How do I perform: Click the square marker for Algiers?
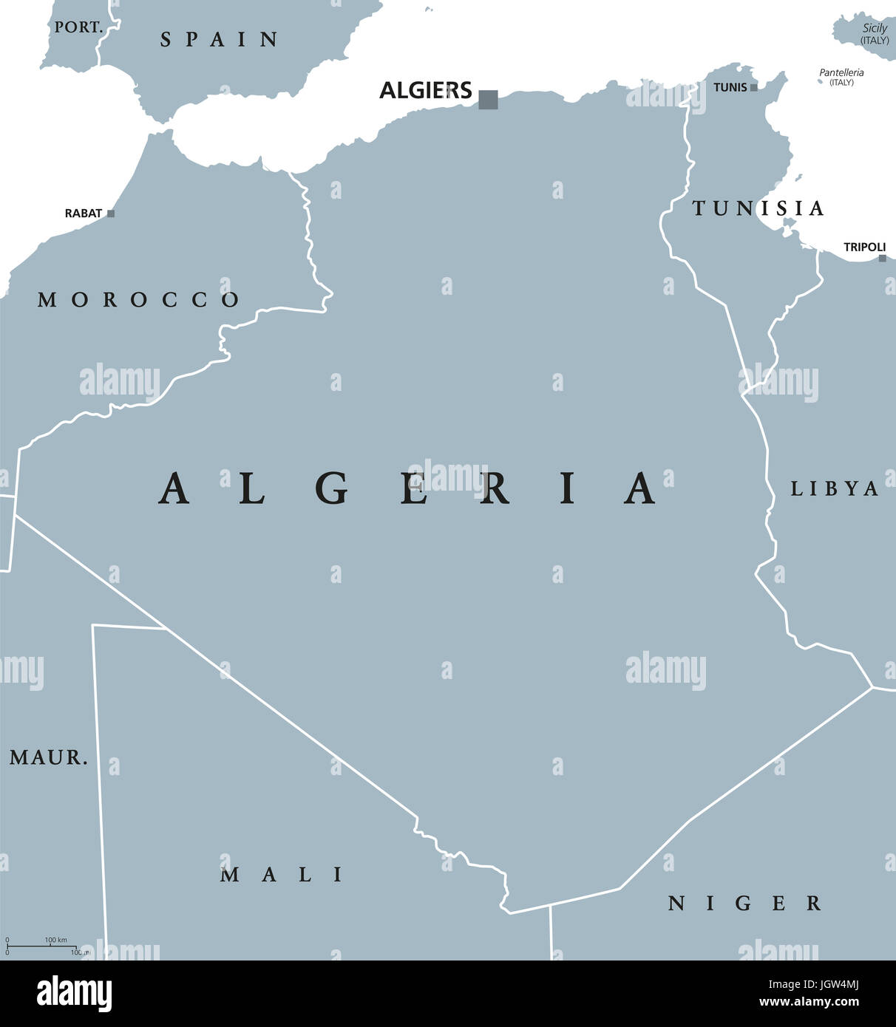[x=488, y=99]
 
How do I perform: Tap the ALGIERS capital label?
[x=425, y=91]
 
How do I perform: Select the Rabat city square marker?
[x=111, y=214]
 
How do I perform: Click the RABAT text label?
[x=84, y=214]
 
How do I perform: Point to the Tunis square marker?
[x=753, y=87]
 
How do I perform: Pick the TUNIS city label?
[x=730, y=87]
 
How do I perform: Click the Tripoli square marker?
[x=882, y=259]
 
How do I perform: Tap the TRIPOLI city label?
[x=864, y=247]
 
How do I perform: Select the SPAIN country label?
[x=220, y=40]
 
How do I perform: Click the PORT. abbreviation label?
[x=78, y=27]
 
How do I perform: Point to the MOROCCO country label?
[x=139, y=300]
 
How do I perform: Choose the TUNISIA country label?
[x=758, y=209]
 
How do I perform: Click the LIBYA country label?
[x=835, y=489]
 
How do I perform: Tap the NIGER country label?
[x=744, y=904]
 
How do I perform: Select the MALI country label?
[x=282, y=876]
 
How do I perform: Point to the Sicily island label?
[x=875, y=29]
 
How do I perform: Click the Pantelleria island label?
[x=841, y=73]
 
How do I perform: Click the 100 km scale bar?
[x=44, y=946]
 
